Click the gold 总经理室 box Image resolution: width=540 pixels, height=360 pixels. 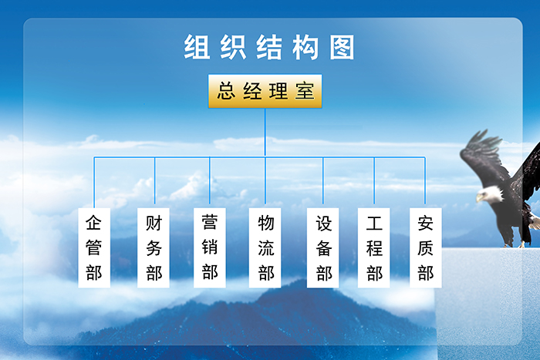tap(265, 91)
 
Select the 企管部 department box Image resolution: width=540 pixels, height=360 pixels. tap(94, 247)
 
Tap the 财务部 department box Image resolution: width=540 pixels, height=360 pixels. tap(154, 247)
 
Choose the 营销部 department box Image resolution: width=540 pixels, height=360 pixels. tap(209, 247)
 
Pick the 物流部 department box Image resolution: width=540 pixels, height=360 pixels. tap(265, 247)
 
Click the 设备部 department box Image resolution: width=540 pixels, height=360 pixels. tap(322, 247)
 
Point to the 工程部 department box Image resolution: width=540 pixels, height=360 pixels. tap(373, 247)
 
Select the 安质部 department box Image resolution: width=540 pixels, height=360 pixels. tap(425, 247)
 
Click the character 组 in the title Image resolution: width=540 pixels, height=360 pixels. tap(197, 47)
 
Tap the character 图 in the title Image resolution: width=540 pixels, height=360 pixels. tap(342, 47)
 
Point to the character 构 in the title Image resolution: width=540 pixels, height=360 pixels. tap(305, 47)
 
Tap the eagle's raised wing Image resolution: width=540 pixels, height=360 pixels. tap(484, 156)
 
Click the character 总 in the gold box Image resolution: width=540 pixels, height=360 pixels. tap(226, 91)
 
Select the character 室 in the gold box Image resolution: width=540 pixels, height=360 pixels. tap(305, 91)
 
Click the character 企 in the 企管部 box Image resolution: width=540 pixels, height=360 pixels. tap(93, 223)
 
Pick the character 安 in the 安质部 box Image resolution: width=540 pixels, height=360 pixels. tap(425, 223)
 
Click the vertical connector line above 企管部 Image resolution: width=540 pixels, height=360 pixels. tap(94, 183)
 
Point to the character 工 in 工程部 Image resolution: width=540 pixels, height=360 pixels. tap(374, 223)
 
